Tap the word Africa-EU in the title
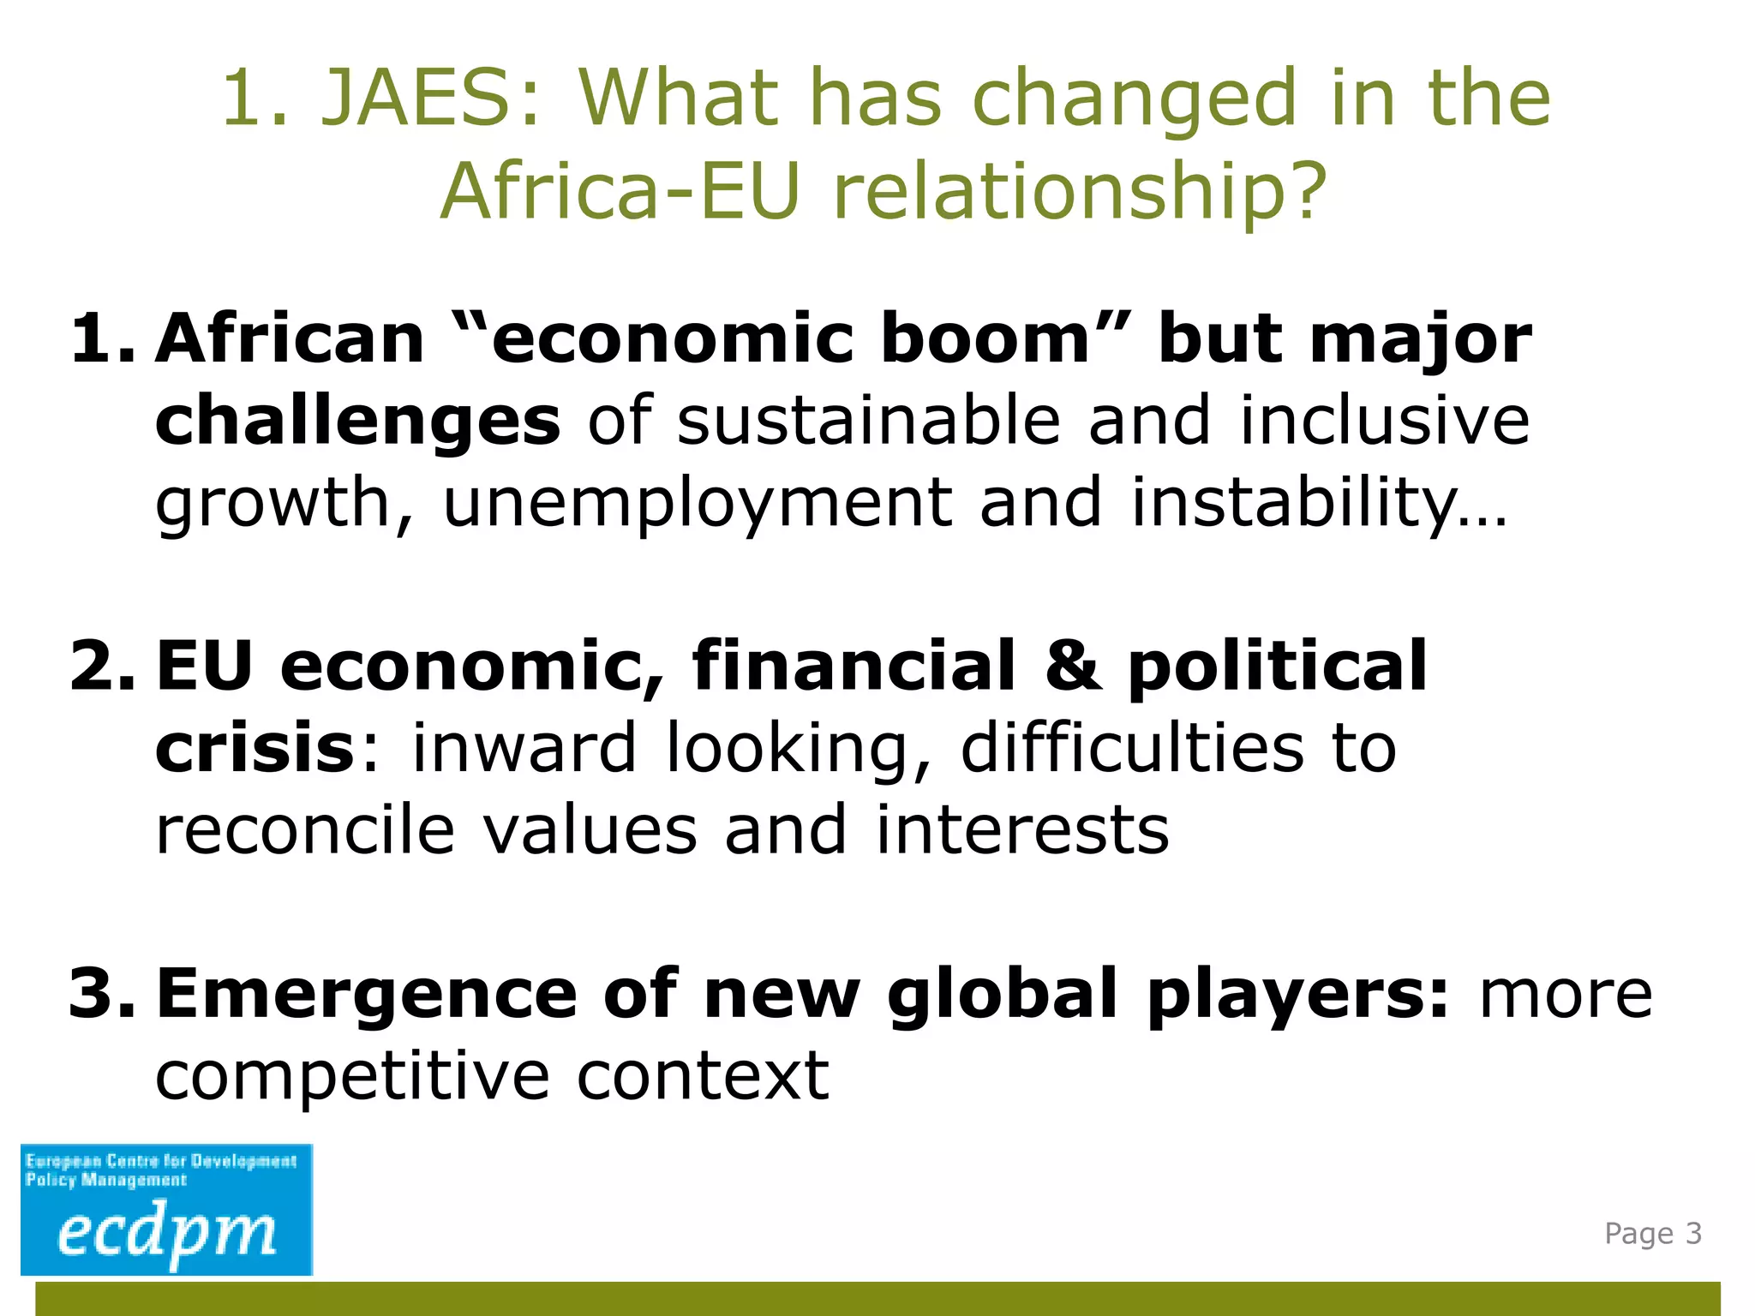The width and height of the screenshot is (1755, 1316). point(620,191)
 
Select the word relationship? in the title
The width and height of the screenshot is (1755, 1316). point(1080,193)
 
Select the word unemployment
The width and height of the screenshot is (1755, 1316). point(697,503)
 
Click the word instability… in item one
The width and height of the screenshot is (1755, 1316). point(1319,503)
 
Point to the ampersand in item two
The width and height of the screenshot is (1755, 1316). point(1073,667)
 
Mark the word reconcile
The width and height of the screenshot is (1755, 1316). point(305,830)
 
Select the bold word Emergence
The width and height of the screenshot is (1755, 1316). point(367,994)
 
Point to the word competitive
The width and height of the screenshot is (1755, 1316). point(352,1077)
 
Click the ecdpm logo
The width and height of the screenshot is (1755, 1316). point(167,1209)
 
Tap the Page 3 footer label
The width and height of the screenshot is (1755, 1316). point(1652,1234)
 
